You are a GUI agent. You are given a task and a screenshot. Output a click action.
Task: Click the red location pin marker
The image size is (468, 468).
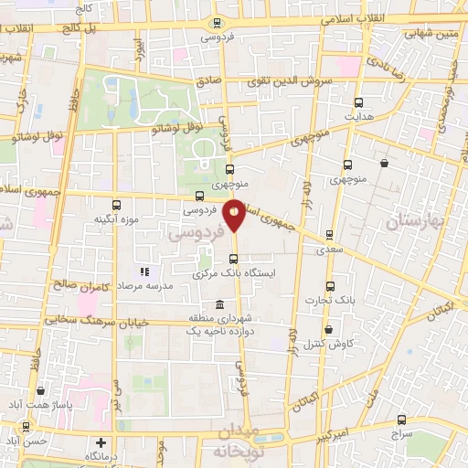tap(235, 215)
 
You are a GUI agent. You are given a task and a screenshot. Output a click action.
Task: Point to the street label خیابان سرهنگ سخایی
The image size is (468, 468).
tap(77, 322)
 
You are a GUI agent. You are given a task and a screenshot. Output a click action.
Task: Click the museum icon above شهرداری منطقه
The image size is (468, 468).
tap(218, 304)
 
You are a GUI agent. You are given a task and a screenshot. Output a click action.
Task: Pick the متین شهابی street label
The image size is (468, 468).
tap(429, 35)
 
